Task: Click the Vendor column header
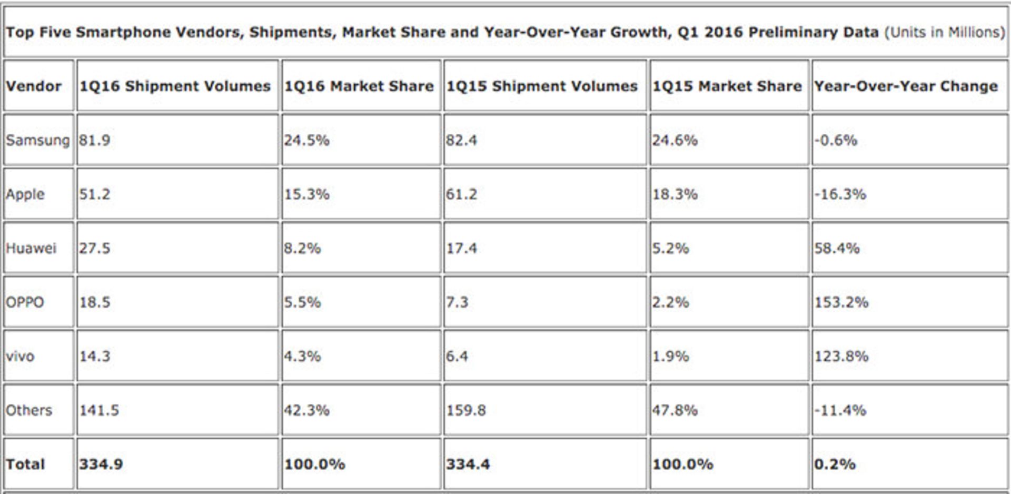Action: click(33, 86)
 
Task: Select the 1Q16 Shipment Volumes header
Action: click(174, 86)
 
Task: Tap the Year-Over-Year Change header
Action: click(906, 86)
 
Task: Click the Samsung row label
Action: click(37, 140)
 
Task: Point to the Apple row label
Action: click(25, 194)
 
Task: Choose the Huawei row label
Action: click(31, 248)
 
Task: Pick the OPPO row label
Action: click(25, 302)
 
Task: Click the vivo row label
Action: click(20, 356)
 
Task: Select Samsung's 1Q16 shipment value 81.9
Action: click(95, 140)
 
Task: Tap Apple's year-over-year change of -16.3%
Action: click(840, 194)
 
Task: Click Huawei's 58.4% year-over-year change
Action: click(837, 248)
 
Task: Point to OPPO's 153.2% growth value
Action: click(841, 302)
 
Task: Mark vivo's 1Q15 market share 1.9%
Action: click(670, 356)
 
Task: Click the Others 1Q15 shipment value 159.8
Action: click(466, 410)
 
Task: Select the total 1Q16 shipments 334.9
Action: click(101, 464)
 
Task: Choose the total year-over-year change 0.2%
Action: click(835, 464)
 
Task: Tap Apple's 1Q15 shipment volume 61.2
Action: click(461, 194)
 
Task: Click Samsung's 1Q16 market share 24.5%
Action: click(306, 140)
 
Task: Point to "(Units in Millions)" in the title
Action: click(945, 32)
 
